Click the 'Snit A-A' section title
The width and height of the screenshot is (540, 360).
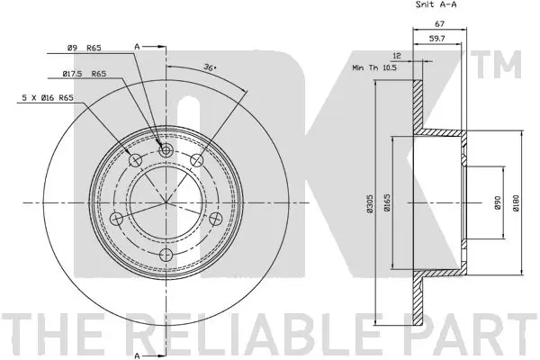(436, 4)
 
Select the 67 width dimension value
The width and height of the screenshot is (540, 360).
(440, 23)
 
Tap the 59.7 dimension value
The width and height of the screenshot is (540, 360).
(437, 38)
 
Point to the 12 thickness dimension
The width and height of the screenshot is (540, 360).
(397, 56)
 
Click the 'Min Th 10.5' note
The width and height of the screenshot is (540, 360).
(374, 67)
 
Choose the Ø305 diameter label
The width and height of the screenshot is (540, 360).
(370, 203)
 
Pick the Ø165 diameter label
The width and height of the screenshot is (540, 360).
(387, 202)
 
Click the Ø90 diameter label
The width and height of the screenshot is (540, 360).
(497, 203)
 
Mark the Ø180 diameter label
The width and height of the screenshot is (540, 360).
(516, 202)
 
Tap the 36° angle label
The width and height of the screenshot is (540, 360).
(210, 67)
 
